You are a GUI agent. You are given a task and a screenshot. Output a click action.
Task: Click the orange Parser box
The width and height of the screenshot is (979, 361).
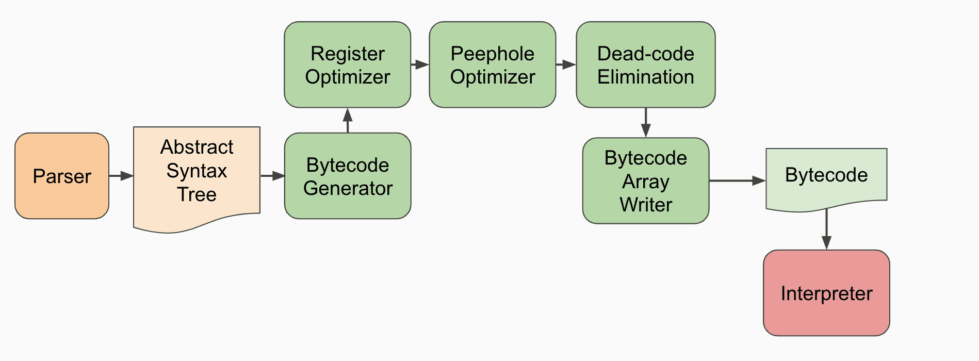click(x=62, y=176)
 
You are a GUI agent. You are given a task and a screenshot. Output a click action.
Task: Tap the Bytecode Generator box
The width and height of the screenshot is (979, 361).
click(x=348, y=176)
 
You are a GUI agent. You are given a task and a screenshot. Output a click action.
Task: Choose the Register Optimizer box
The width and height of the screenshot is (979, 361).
click(x=348, y=64)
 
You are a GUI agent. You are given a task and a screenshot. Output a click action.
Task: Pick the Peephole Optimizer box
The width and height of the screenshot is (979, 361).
click(x=492, y=64)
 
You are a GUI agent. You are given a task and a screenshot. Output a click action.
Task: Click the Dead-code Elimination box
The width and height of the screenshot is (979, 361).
click(x=645, y=64)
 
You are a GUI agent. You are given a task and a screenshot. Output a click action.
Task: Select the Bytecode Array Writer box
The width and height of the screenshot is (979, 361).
click(x=645, y=180)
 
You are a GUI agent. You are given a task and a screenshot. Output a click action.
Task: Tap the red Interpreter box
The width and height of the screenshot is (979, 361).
click(x=826, y=293)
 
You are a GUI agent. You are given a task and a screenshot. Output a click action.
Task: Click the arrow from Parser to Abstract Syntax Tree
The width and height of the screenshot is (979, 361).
click(x=121, y=176)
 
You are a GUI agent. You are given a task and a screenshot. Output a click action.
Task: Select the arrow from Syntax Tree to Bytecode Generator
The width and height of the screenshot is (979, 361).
click(x=272, y=176)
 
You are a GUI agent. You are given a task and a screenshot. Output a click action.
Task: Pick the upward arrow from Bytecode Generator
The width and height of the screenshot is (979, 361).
click(x=348, y=121)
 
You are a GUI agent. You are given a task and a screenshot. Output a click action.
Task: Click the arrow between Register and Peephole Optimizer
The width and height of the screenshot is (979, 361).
click(x=420, y=64)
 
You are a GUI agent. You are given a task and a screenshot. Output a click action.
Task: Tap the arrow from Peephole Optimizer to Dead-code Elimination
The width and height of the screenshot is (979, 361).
click(x=566, y=64)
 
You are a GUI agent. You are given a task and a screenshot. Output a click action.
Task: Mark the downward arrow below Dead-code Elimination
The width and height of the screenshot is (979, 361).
click(x=645, y=123)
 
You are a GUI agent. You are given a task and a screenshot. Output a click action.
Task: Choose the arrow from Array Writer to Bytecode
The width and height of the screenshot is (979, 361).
click(x=737, y=180)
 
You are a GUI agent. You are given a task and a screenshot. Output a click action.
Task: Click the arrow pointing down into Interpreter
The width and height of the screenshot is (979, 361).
click(x=826, y=230)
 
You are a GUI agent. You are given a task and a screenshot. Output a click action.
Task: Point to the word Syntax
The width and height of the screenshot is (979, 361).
click(x=197, y=171)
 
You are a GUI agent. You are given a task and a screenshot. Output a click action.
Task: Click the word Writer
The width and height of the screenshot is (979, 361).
click(x=645, y=205)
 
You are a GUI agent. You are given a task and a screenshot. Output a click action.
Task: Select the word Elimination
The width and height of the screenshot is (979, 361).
click(x=645, y=77)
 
